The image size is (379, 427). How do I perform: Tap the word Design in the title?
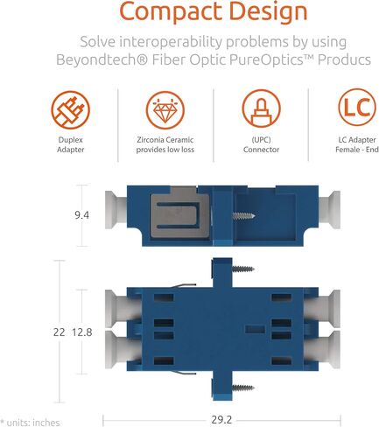coord(269,12)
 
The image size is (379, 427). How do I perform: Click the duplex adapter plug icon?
coord(71,110)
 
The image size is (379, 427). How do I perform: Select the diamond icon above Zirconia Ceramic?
coord(165,110)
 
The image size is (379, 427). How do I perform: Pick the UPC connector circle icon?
coord(261,108)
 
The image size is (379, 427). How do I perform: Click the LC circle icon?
coord(357,107)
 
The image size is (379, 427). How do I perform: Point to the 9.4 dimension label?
coord(81,215)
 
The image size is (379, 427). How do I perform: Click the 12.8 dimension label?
coord(82,332)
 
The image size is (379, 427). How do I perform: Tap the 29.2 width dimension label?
coord(221,420)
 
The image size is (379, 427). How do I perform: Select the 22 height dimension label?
coord(59,332)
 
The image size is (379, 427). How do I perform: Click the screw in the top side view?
coord(244,216)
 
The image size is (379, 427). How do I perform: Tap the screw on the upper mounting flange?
coord(243,269)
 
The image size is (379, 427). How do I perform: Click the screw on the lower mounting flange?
coord(243,388)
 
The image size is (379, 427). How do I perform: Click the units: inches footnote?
coord(30,423)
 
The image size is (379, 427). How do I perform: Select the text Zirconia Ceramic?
coord(165,140)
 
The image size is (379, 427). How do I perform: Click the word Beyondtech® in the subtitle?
coord(102,59)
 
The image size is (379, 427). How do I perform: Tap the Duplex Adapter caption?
coord(71,144)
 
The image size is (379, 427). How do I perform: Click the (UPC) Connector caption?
coord(261,144)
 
